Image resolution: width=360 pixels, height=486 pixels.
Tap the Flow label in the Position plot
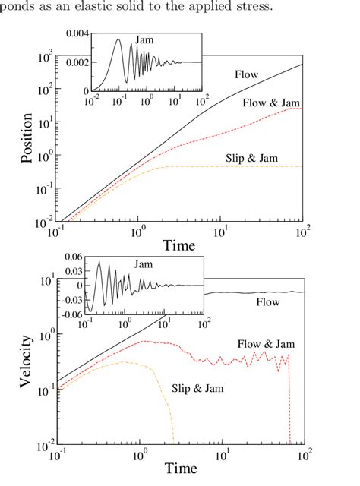pos(246,74)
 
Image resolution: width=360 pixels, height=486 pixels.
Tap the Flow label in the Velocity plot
pos(267,302)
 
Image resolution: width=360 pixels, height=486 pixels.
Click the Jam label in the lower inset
pos(143,264)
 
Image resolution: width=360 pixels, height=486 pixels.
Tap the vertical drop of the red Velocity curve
pos(289,402)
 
